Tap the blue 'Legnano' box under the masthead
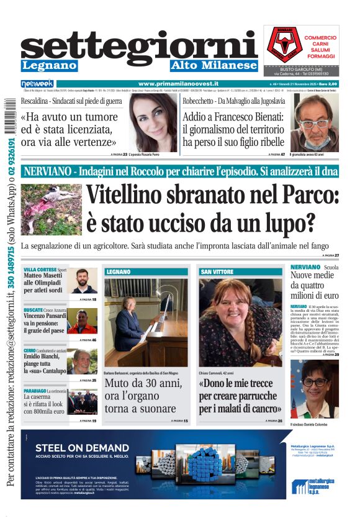click(x=49, y=65)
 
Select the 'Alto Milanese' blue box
click(x=214, y=65)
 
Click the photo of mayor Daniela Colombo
click(x=314, y=389)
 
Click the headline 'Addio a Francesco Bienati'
click(x=233, y=129)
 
